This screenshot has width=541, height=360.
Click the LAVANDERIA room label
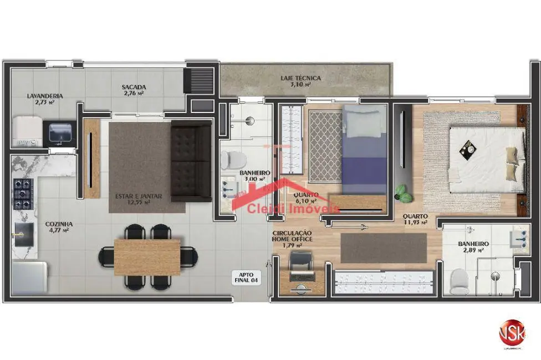[45, 96]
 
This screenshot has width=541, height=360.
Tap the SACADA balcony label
[134, 87]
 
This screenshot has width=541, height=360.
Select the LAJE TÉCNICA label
[300, 79]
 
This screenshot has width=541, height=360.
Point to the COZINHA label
[59, 224]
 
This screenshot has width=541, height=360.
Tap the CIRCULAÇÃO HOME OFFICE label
[292, 236]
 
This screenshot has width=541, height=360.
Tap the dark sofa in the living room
[191, 161]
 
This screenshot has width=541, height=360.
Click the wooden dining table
[147, 256]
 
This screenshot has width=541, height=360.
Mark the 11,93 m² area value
[415, 222]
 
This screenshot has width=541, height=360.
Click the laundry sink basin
[59, 133]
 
